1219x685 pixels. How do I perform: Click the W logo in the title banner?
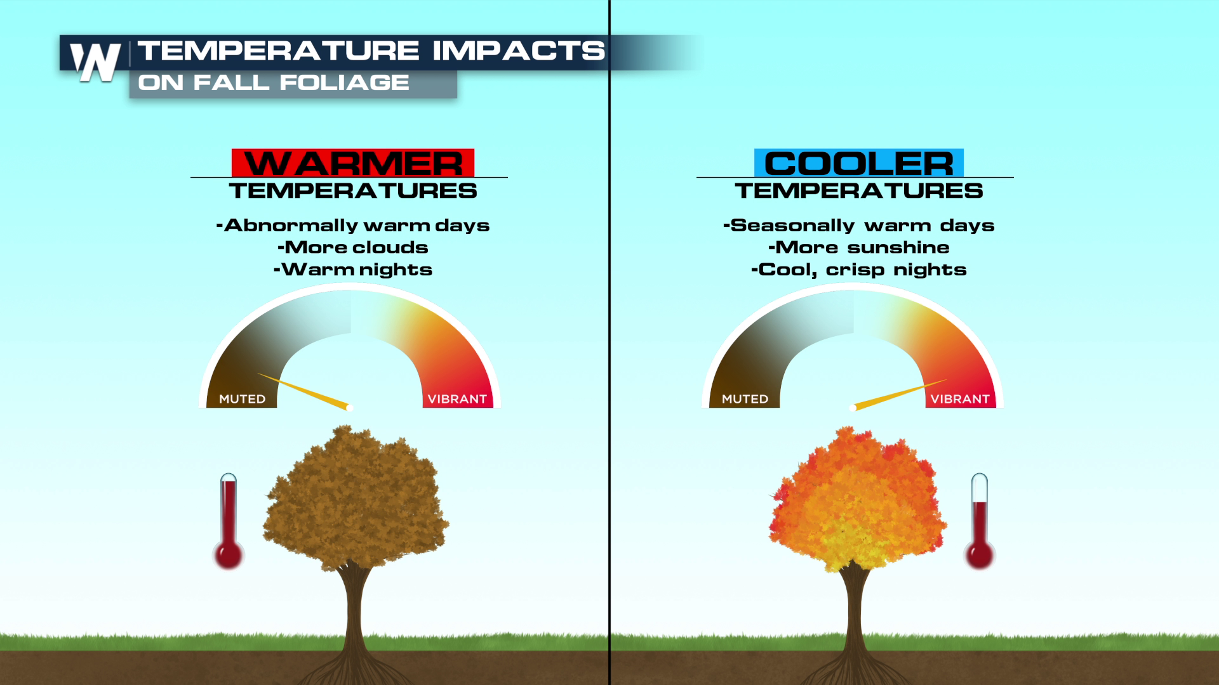95,62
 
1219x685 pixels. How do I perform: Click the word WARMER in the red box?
353,164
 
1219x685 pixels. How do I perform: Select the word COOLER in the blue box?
858,164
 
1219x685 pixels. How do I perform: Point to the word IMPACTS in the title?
519,51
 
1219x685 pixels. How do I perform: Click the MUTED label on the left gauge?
242,399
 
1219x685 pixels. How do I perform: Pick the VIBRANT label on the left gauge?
457,399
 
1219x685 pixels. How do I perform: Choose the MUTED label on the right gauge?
745,399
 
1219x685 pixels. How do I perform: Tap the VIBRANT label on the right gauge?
960,399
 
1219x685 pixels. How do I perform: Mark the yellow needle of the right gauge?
898,395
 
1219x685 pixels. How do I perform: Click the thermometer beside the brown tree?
229,521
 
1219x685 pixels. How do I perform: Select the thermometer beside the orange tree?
980,521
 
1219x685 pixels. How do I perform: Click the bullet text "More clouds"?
353,247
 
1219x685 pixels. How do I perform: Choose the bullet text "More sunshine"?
859,247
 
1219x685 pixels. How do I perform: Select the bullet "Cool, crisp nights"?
859,270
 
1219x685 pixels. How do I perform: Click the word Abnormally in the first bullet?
291,226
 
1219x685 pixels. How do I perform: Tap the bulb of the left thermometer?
229,554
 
